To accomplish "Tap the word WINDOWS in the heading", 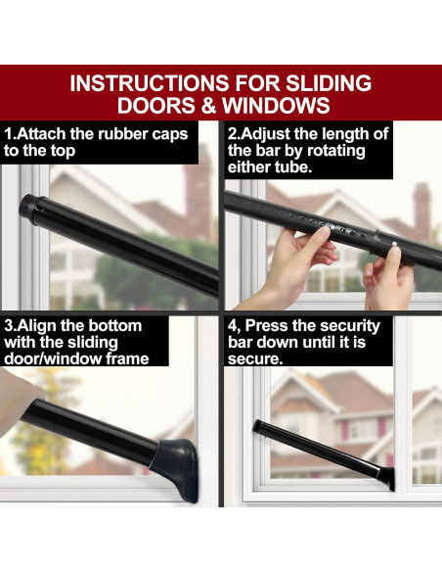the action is pyautogui.click(x=277, y=106).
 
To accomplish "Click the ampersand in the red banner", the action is pyautogui.click(x=208, y=106).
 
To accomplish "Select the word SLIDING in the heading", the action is pyautogui.click(x=329, y=83).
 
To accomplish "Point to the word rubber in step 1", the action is pyautogui.click(x=122, y=134).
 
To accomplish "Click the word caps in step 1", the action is pyautogui.click(x=170, y=135).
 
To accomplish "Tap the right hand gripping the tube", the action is pyautogui.click(x=388, y=277).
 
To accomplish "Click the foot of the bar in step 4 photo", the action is pyautogui.click(x=387, y=479).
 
